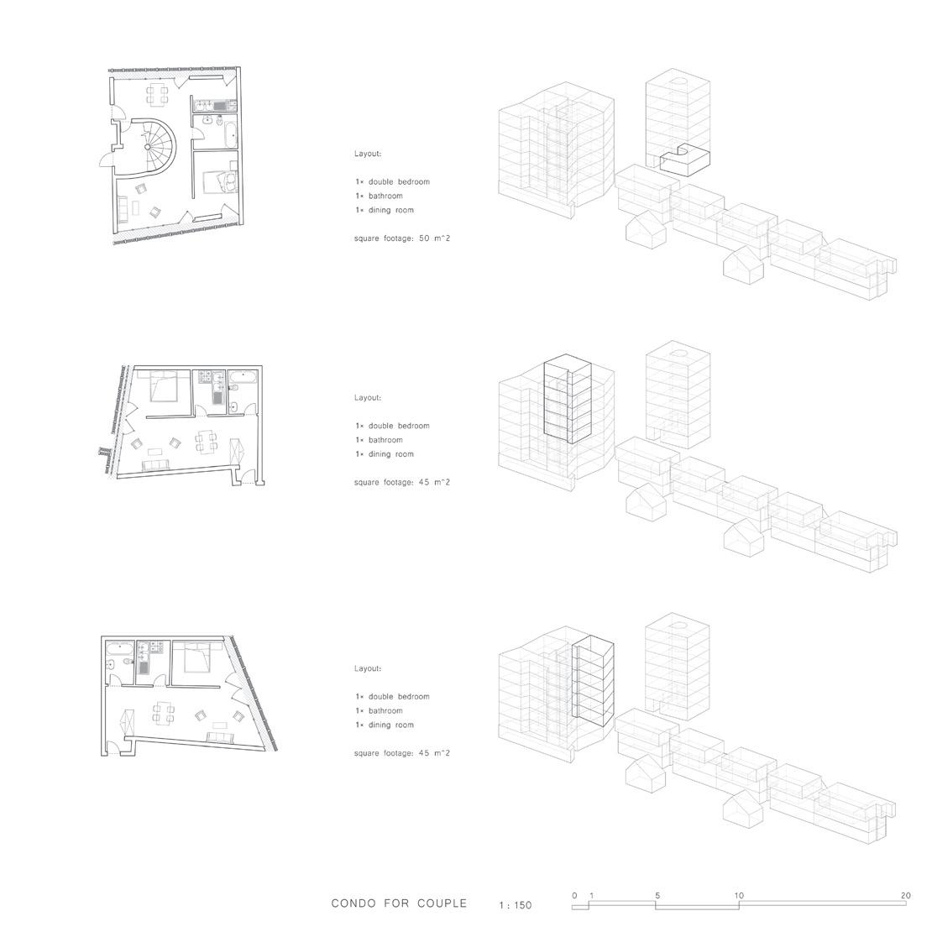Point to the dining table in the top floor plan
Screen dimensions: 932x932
157,95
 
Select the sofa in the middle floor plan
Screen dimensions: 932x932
155,465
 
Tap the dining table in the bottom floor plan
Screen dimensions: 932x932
163,715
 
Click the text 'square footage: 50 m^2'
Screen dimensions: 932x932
402,238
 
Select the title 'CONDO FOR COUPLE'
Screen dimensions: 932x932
399,903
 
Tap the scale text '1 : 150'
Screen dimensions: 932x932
515,905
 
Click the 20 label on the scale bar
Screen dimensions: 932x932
905,895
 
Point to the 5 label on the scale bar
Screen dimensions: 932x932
657,895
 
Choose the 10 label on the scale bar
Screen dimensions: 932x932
738,895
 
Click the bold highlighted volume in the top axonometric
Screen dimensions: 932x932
684,160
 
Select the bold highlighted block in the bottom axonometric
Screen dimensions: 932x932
593,680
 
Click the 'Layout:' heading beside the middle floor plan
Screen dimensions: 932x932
368,397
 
